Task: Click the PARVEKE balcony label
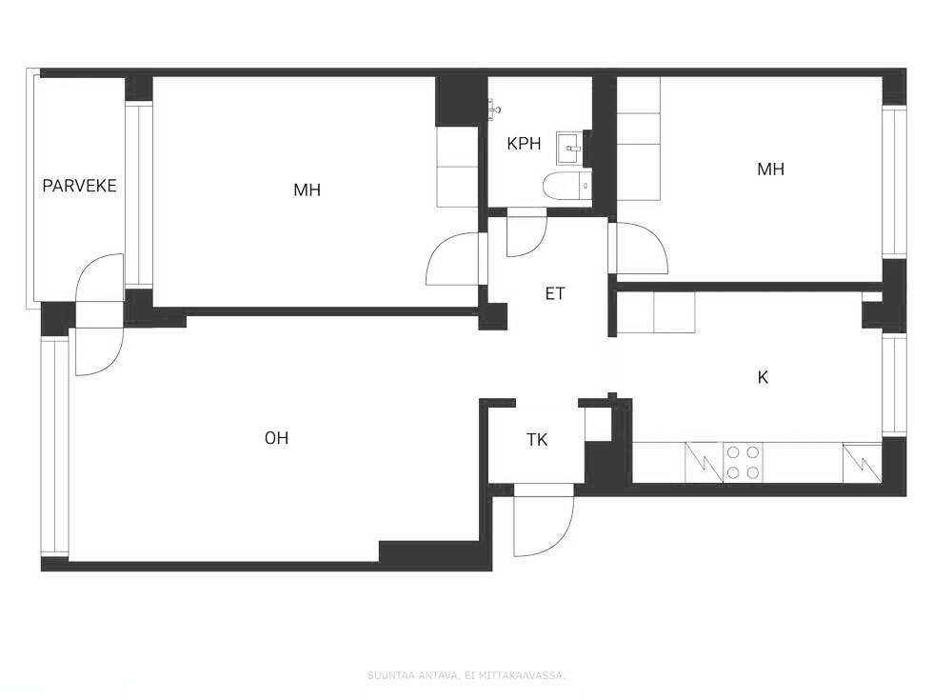[x=79, y=186]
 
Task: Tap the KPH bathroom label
[x=524, y=144]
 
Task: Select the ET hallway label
[x=554, y=293]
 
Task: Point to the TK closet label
[x=537, y=440]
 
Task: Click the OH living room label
[x=276, y=438]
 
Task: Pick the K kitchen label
[x=763, y=377]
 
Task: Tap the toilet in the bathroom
[x=567, y=185]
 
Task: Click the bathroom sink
[x=570, y=149]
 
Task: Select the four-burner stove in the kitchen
[x=744, y=463]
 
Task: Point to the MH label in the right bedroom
[x=770, y=170]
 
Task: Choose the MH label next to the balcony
[x=307, y=190]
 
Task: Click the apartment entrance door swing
[x=544, y=520]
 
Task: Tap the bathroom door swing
[x=526, y=232]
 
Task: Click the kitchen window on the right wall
[x=894, y=385]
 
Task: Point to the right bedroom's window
[x=894, y=182]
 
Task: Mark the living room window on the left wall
[x=55, y=447]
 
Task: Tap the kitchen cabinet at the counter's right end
[x=863, y=463]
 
